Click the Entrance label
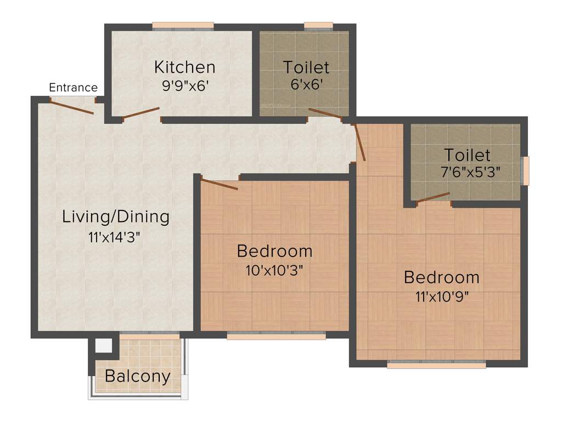(73, 88)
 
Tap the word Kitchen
(184, 67)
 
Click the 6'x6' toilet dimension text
(306, 85)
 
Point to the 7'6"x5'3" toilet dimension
(471, 172)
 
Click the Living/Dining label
(116, 217)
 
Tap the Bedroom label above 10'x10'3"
(274, 251)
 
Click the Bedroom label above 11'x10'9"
(441, 277)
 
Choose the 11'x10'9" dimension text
(442, 297)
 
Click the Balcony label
(137, 377)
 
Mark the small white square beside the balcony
(103, 346)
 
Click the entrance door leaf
(71, 106)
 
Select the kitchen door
(141, 113)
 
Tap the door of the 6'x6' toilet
(325, 113)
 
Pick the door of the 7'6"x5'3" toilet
(433, 198)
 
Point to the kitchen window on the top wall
(183, 25)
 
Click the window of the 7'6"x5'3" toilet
(525, 171)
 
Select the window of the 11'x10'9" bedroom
(436, 364)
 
